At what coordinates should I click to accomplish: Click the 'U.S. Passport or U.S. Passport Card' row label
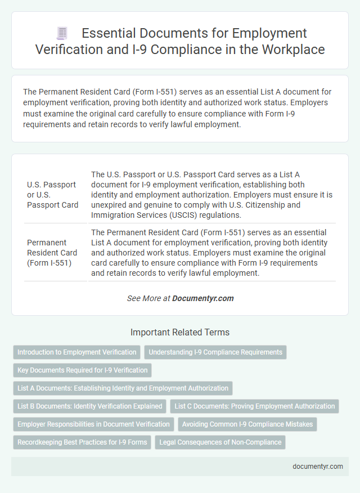[52, 195]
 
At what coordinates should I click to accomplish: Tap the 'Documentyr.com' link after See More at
[203, 298]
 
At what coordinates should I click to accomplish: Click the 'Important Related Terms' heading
[179, 332]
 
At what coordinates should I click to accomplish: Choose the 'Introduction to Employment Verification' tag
[76, 352]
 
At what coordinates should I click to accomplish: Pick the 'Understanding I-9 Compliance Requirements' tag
[215, 352]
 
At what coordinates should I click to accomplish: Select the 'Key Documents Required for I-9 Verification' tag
[82, 370]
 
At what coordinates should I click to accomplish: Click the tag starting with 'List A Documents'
[123, 388]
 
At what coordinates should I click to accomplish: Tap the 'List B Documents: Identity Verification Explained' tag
[90, 406]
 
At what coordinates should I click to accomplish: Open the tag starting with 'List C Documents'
[254, 406]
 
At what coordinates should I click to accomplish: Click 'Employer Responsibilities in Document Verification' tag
[93, 424]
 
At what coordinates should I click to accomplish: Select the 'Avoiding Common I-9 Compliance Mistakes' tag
[247, 424]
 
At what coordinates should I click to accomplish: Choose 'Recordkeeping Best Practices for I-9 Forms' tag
[82, 442]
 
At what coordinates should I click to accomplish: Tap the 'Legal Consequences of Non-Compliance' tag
[220, 442]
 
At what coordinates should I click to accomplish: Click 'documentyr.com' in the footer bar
[317, 467]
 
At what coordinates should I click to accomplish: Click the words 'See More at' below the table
[148, 298]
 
